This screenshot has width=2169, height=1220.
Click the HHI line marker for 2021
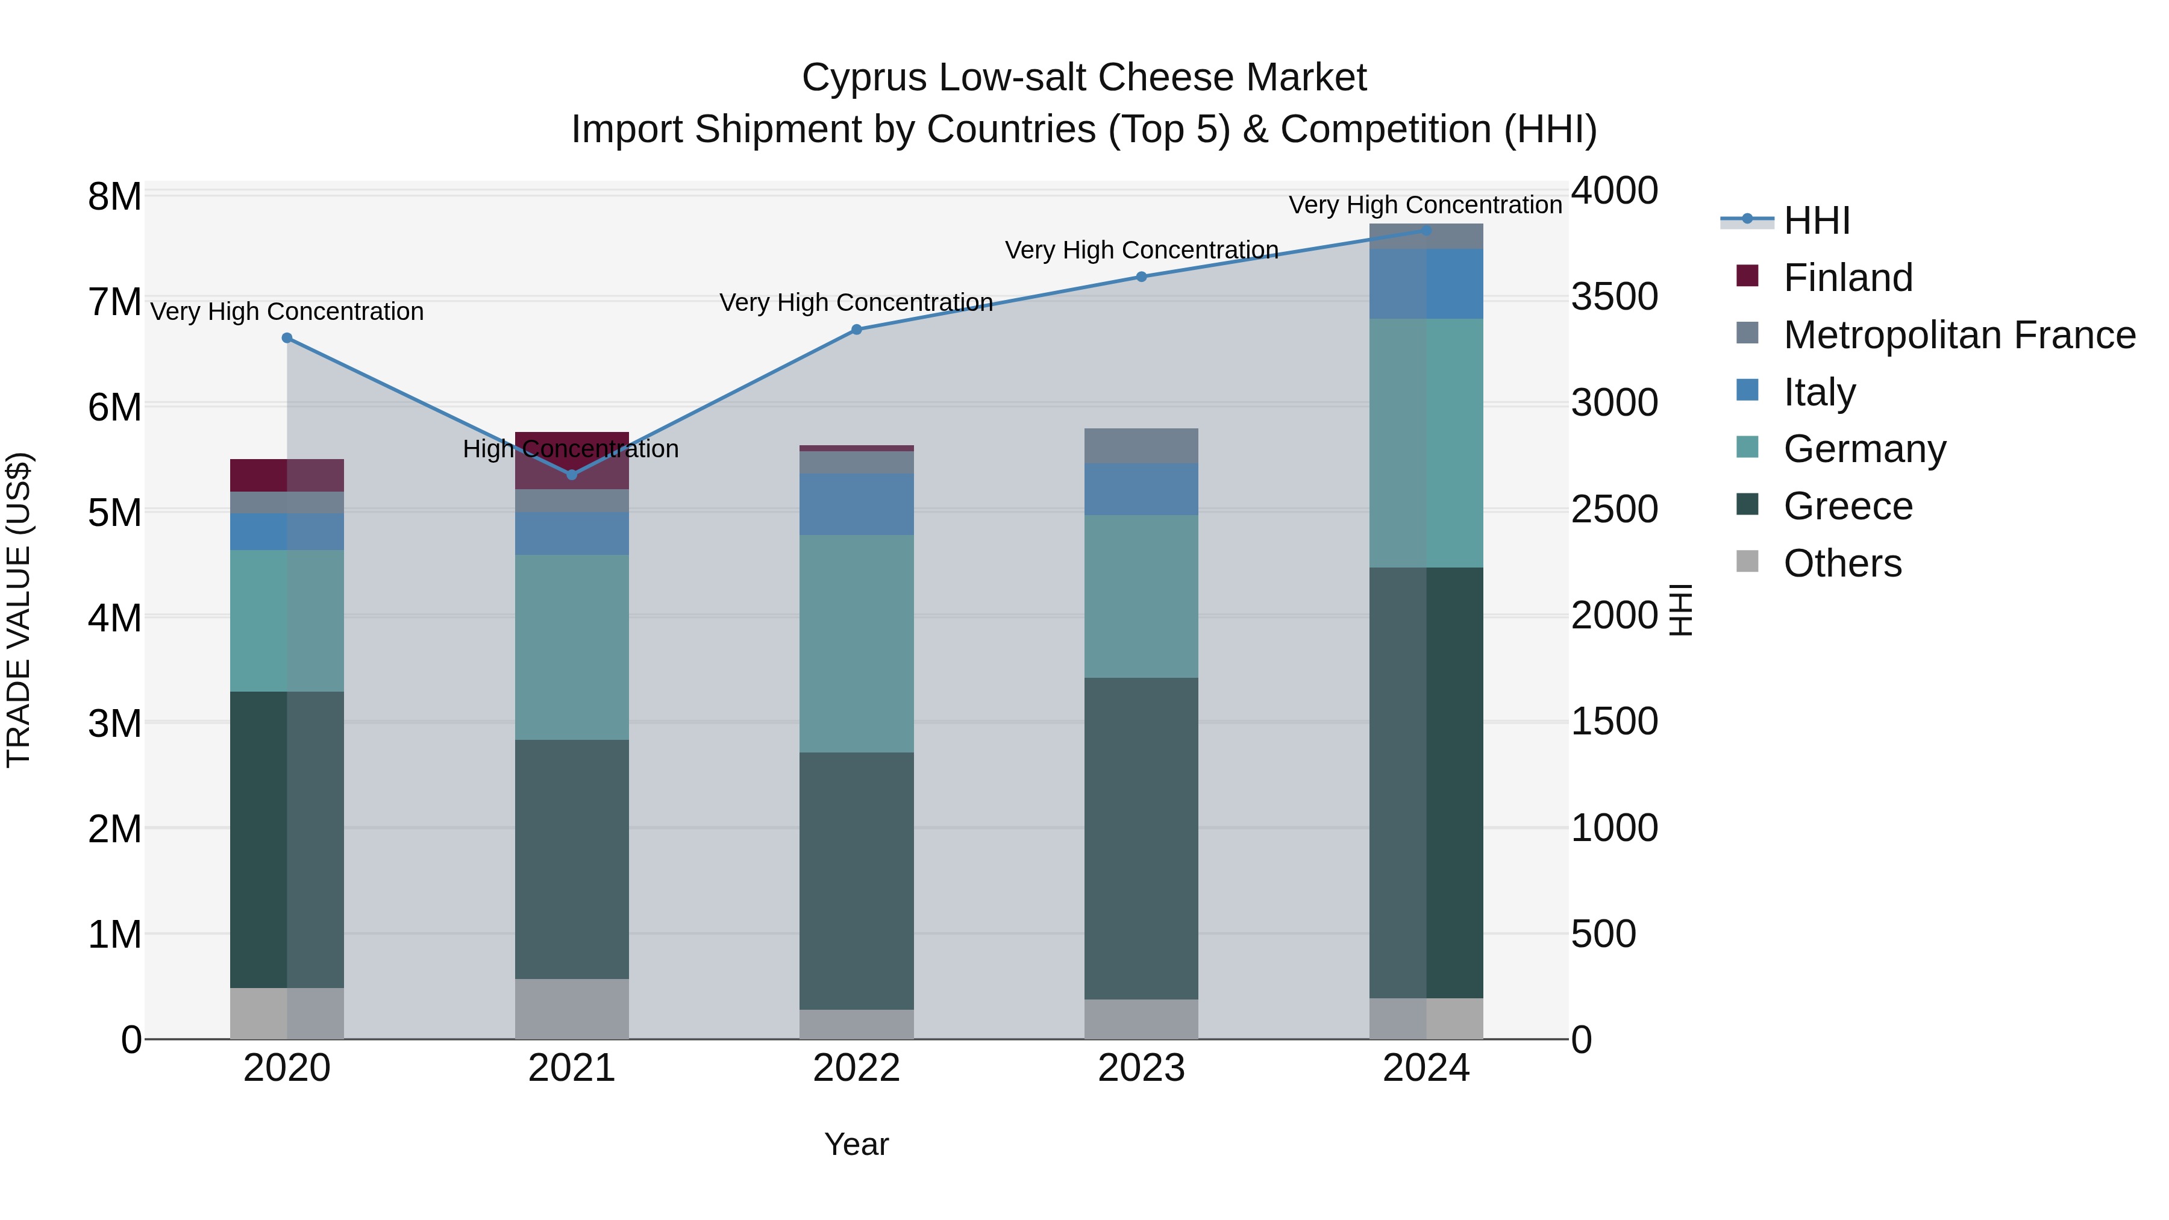click(x=572, y=475)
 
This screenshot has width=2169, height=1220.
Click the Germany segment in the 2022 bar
click(x=856, y=644)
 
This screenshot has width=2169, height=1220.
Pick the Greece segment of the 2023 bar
click(x=1142, y=839)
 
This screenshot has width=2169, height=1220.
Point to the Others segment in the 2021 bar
click(x=572, y=1009)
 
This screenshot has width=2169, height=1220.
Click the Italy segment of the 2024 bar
click(x=1426, y=284)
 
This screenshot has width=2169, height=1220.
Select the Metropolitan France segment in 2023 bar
click(x=1142, y=446)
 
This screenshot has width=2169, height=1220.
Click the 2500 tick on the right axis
click(x=1614, y=509)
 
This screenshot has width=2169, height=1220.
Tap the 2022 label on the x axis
click(x=856, y=1068)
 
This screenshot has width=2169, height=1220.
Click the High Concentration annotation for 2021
click(x=571, y=449)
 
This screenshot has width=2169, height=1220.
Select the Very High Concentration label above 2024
click(x=1425, y=205)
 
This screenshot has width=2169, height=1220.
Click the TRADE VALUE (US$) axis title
click(x=19, y=610)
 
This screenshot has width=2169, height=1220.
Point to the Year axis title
click(x=856, y=1144)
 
